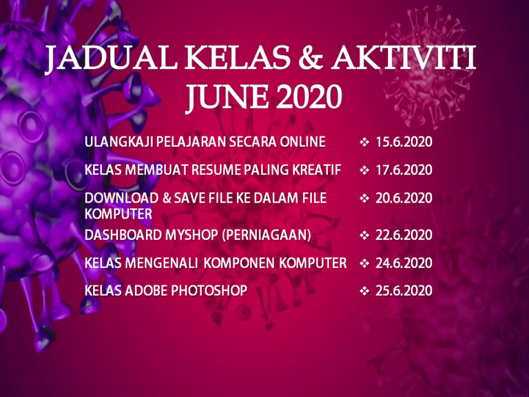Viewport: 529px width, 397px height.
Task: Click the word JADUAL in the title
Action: pos(112,57)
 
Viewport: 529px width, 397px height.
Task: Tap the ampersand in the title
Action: pos(311,57)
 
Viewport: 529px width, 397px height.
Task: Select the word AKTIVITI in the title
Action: pos(404,57)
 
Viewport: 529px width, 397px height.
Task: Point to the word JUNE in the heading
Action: pos(228,97)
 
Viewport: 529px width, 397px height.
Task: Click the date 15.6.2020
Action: pos(404,142)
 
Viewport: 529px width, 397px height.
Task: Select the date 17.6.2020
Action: pos(404,170)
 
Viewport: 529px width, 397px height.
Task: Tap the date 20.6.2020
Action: pos(404,198)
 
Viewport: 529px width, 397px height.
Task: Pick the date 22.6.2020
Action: pos(404,235)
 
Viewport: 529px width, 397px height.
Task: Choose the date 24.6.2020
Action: pos(404,263)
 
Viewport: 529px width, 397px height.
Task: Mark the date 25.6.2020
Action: pos(404,291)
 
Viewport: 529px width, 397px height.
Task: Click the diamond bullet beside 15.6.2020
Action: pos(364,142)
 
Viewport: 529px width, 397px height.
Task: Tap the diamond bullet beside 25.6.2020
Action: pos(364,291)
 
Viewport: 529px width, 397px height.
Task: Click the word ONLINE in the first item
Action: pos(302,142)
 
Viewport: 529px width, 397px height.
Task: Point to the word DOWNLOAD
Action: pos(121,198)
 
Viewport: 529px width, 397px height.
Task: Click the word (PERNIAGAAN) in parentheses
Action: pos(267,235)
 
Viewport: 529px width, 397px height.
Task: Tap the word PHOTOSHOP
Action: pos(209,291)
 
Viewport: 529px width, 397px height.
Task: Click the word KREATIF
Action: pos(316,170)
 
